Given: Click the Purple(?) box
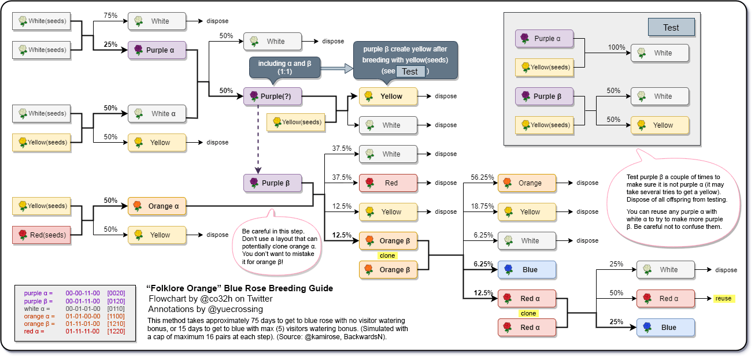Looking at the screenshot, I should pyautogui.click(x=272, y=96).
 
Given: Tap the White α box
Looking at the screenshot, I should pyautogui.click(x=157, y=113).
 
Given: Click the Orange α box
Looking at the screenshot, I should pyautogui.click(x=157, y=206).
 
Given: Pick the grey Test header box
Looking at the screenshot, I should pyautogui.click(x=671, y=27).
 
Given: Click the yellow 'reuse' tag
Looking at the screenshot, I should pyautogui.click(x=723, y=298).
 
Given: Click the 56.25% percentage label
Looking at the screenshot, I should pyautogui.click(x=482, y=177).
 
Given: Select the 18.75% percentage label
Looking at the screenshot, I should pyautogui.click(x=482, y=206).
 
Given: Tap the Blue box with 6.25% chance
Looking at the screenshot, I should pyautogui.click(x=527, y=269).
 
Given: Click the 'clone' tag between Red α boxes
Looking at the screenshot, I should pyautogui.click(x=528, y=313).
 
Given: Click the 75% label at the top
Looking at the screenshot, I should pyautogui.click(x=110, y=15).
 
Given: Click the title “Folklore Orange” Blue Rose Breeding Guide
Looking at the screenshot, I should pyautogui.click(x=240, y=288).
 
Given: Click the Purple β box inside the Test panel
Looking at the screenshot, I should pyautogui.click(x=544, y=96).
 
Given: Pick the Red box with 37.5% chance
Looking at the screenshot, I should pyautogui.click(x=388, y=183).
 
